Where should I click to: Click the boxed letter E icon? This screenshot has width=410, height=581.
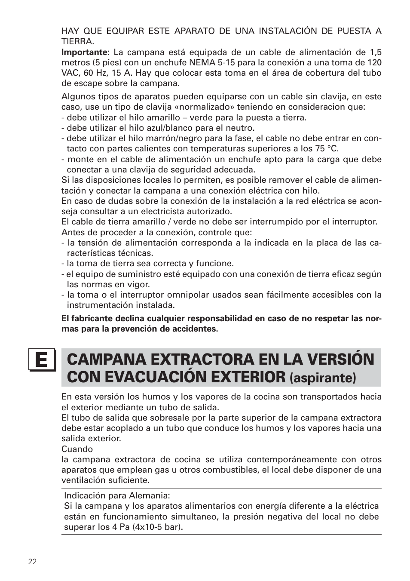pyautogui.click(x=42, y=360)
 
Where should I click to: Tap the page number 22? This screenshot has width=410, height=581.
pyautogui.click(x=32, y=562)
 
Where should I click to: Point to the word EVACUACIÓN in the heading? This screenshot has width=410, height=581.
pyautogui.click(x=162, y=377)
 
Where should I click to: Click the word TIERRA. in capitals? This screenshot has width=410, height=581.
pyautogui.click(x=77, y=42)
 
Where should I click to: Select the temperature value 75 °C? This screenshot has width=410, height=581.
pyautogui.click(x=325, y=149)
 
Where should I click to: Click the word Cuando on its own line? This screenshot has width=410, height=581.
pyautogui.click(x=77, y=449)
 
